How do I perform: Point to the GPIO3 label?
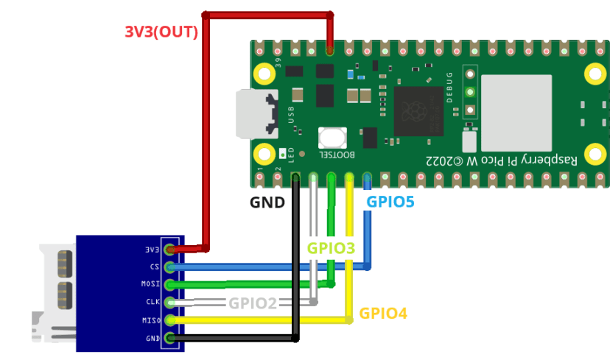click(331, 248)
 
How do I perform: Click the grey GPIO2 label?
click(253, 302)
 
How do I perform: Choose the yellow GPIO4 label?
click(383, 314)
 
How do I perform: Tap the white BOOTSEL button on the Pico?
click(333, 137)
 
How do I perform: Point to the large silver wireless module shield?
click(516, 112)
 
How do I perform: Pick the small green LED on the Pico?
click(284, 155)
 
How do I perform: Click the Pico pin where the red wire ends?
click(330, 51)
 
